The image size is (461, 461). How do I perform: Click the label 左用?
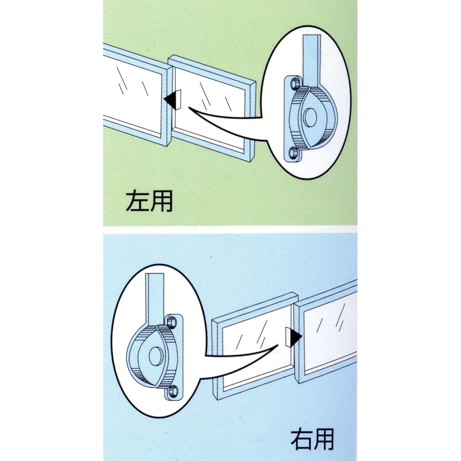pos(149,201)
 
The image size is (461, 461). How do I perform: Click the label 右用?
pos(312,440)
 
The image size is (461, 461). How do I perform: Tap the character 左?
pos(137,201)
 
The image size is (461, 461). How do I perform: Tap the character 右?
pos(300,440)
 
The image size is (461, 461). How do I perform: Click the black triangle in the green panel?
pos(171,99)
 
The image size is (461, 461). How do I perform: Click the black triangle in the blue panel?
pos(295,337)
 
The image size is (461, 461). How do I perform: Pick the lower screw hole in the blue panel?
pos(172,392)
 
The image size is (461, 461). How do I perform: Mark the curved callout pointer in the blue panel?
pos(240,357)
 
